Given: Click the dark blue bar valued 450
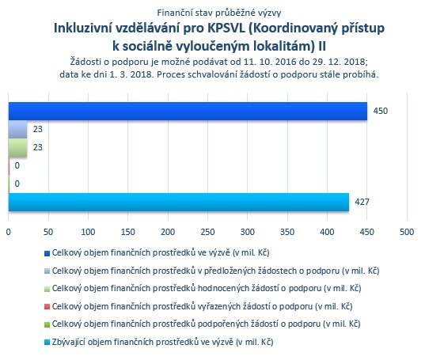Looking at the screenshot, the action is [188, 111].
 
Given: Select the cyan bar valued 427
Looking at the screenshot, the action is [179, 202].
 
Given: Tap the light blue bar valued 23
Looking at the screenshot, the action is [18, 129].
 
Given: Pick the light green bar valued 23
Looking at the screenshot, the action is [18, 147].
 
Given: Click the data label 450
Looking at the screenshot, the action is [381, 111].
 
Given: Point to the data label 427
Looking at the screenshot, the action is [362, 202].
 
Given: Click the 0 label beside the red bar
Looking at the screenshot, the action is [17, 165].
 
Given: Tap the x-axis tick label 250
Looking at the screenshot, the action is [208, 232].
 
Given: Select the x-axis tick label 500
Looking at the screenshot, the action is [407, 232].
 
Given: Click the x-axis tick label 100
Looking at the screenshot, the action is [88, 232].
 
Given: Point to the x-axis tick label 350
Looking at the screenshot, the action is [287, 232].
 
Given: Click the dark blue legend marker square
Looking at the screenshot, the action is [47, 253].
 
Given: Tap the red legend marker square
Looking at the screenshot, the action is [47, 307].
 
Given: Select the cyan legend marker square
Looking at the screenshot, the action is [47, 343].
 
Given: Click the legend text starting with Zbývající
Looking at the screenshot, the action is [162, 342].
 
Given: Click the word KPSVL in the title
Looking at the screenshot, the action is [226, 28].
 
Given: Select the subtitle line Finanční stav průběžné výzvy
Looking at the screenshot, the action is [219, 13].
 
